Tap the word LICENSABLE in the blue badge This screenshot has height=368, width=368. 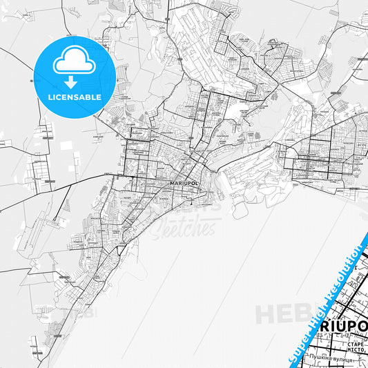click(75, 97)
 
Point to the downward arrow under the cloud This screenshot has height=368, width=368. click(74, 81)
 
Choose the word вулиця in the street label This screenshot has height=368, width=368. click(351, 359)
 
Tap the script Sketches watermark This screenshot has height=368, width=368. click(187, 225)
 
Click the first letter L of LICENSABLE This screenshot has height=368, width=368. click(49, 97)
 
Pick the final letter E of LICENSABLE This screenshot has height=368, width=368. click(100, 97)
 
